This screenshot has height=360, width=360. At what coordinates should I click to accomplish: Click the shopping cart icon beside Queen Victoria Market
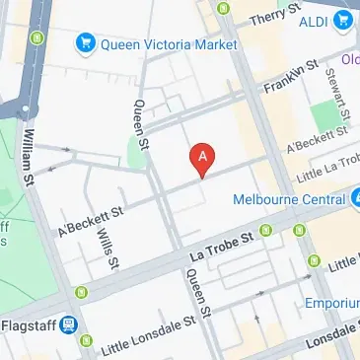(86, 44)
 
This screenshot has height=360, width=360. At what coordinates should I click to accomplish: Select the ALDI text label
(313, 19)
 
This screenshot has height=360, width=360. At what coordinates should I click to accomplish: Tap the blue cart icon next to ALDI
(344, 19)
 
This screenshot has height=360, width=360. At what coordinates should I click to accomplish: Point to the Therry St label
(274, 17)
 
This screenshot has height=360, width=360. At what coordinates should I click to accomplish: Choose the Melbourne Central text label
(289, 198)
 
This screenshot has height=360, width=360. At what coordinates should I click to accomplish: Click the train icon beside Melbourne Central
(353, 198)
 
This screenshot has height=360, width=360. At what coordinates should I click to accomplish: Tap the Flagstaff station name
(28, 323)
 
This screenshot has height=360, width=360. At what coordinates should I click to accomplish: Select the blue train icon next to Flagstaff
(69, 323)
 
